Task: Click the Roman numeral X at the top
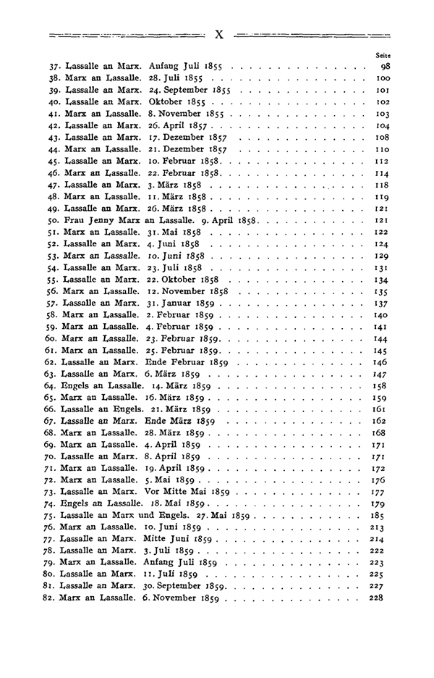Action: [220, 33]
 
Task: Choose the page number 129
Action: [374, 256]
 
